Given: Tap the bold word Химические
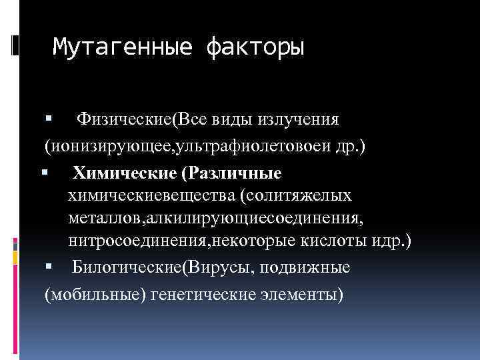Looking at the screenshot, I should click(x=125, y=173).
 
